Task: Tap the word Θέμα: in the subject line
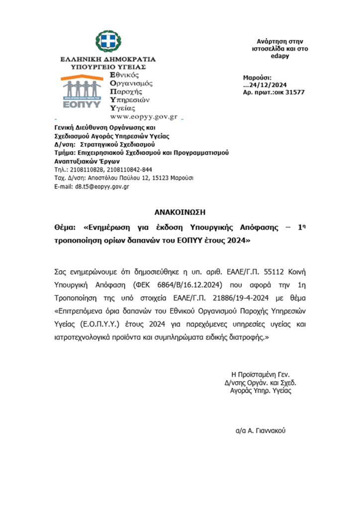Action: [66, 227]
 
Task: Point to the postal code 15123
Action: [165, 177]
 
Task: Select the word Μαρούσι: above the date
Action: [257, 78]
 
